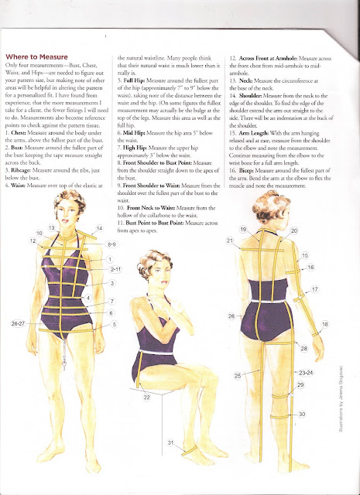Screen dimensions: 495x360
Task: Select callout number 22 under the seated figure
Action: tap(146, 397)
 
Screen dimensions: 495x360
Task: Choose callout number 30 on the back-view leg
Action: tap(302, 415)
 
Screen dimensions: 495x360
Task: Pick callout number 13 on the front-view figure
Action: tap(52, 229)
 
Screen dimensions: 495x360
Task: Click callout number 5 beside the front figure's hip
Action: tap(115, 324)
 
